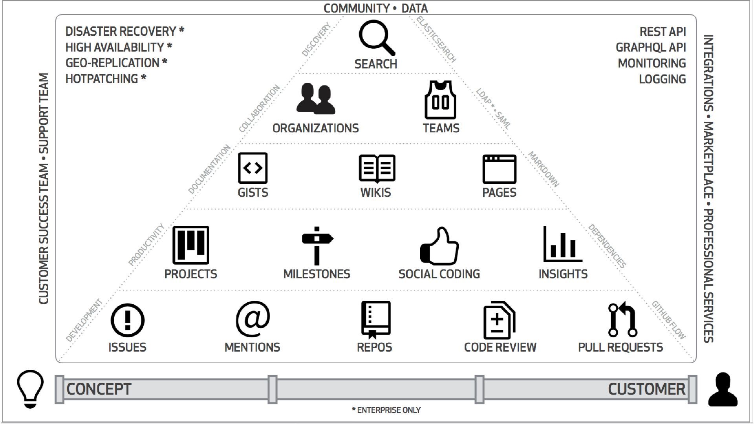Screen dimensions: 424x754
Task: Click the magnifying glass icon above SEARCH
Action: click(x=376, y=38)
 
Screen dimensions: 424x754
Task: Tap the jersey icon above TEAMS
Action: click(x=440, y=100)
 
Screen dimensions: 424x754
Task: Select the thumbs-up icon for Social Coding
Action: click(x=439, y=246)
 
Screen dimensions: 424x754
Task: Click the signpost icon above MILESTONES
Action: click(x=317, y=246)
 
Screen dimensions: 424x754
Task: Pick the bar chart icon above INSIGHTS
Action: click(x=562, y=244)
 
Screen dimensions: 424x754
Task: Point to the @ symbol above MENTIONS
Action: click(x=253, y=319)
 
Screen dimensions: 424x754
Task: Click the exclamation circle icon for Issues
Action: click(x=127, y=320)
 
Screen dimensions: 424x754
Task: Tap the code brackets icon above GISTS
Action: click(x=253, y=168)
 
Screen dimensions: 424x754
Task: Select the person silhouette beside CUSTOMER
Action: click(x=723, y=389)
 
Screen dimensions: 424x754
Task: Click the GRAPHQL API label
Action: click(x=650, y=48)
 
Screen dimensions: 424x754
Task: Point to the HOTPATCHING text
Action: click(x=102, y=79)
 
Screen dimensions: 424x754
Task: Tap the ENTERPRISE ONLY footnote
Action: click(x=386, y=410)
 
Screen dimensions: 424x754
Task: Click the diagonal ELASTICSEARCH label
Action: click(x=436, y=40)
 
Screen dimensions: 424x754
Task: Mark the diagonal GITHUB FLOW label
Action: click(x=668, y=320)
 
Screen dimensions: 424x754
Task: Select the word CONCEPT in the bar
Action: click(x=99, y=389)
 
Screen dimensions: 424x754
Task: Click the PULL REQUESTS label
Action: click(x=620, y=347)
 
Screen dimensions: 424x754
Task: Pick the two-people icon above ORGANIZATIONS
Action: click(x=315, y=99)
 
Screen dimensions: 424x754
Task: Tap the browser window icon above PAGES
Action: click(x=499, y=169)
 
